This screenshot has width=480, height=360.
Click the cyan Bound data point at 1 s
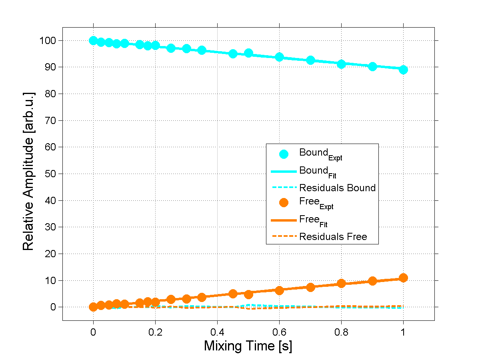point(403,70)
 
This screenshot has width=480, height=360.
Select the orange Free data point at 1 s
point(403,278)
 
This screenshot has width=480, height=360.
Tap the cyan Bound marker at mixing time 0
point(93,40)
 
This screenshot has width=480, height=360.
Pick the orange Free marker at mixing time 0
point(93,307)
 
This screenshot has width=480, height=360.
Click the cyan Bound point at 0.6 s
point(279,57)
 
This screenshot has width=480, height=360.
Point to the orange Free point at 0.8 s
point(341,283)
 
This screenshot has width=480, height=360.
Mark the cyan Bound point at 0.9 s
point(372,66)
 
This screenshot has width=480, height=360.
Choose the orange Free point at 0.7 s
point(310,287)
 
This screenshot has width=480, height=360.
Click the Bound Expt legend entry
point(320,154)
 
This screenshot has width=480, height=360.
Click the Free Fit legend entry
point(316,220)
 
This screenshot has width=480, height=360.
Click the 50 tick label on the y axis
point(55,174)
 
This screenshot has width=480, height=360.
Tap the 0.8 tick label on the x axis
point(341,332)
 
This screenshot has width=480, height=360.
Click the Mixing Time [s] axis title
point(248,346)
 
